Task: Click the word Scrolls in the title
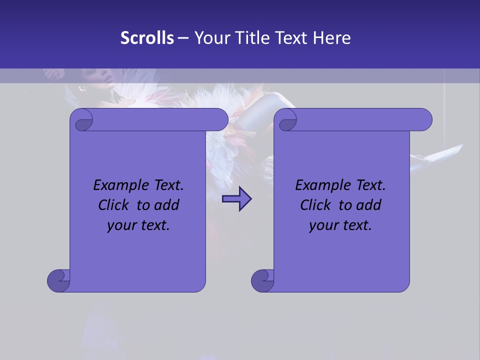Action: pyautogui.click(x=147, y=37)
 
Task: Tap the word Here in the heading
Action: pyautogui.click(x=331, y=37)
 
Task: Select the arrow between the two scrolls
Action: pyautogui.click(x=237, y=199)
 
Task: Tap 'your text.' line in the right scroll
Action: pyautogui.click(x=340, y=225)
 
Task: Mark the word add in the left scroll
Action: pyautogui.click(x=166, y=205)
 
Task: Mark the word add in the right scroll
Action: pyautogui.click(x=368, y=205)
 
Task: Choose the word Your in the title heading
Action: pyautogui.click(x=209, y=37)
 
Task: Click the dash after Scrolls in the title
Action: pyautogui.click(x=183, y=38)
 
